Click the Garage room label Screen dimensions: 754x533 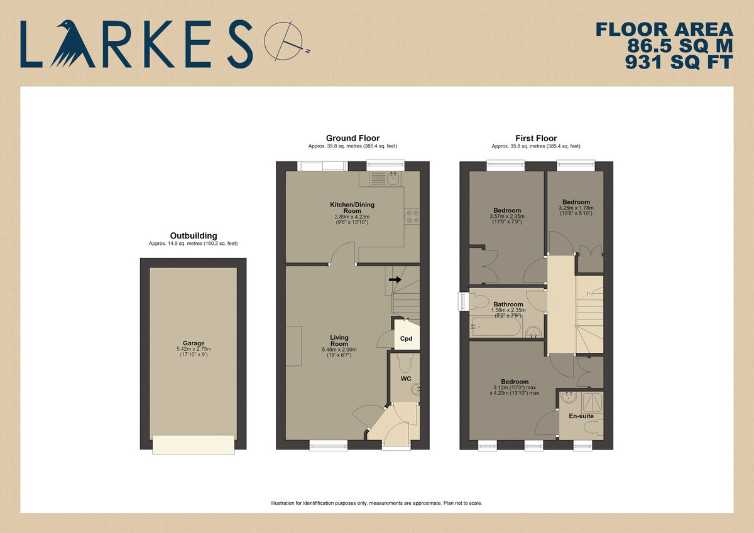click(194, 343)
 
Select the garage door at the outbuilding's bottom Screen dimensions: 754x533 click(194, 444)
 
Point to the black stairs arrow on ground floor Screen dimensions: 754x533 click(395, 279)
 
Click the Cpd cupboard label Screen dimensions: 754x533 click(406, 338)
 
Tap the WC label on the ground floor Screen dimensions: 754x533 click(406, 379)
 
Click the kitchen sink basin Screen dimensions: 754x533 click(393, 178)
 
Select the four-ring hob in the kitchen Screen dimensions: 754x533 click(412, 216)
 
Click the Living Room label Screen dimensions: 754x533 click(339, 340)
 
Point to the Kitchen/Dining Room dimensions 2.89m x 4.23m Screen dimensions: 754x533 click(352, 217)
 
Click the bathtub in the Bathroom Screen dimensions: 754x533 click(496, 326)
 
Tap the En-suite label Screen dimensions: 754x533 click(581, 416)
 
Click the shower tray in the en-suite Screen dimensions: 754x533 click(593, 402)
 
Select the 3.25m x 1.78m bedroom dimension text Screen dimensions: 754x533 click(576, 208)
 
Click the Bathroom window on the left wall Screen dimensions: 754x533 click(464, 301)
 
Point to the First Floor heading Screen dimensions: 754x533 click(536, 138)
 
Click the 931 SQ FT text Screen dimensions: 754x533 click(679, 62)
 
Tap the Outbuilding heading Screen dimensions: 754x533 click(194, 235)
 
